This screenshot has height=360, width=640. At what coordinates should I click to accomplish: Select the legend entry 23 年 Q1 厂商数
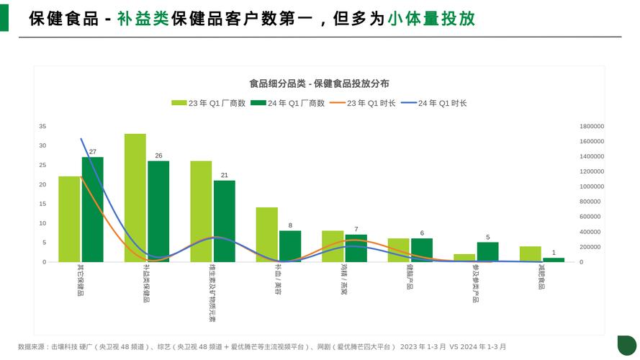click(208, 103)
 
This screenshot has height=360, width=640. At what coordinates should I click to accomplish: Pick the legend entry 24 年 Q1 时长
click(434, 103)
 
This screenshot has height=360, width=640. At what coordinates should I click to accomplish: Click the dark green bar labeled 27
click(92, 210)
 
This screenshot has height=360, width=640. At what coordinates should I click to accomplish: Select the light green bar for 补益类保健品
click(135, 198)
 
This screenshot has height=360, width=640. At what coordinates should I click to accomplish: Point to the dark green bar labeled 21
click(225, 221)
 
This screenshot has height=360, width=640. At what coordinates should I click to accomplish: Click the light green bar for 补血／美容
click(267, 235)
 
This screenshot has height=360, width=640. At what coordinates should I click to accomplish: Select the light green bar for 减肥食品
click(531, 254)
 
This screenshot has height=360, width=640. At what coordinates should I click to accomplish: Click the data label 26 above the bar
click(158, 156)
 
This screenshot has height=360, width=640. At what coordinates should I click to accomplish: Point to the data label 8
click(290, 225)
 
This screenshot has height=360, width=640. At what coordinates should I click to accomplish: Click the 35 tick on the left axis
click(42, 126)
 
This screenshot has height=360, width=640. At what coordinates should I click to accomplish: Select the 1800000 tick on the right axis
click(592, 126)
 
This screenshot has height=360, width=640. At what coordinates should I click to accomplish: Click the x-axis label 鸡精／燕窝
click(344, 280)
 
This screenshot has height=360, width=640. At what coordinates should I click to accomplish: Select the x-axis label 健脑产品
click(410, 277)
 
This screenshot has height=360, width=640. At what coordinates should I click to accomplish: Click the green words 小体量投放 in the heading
click(431, 19)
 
